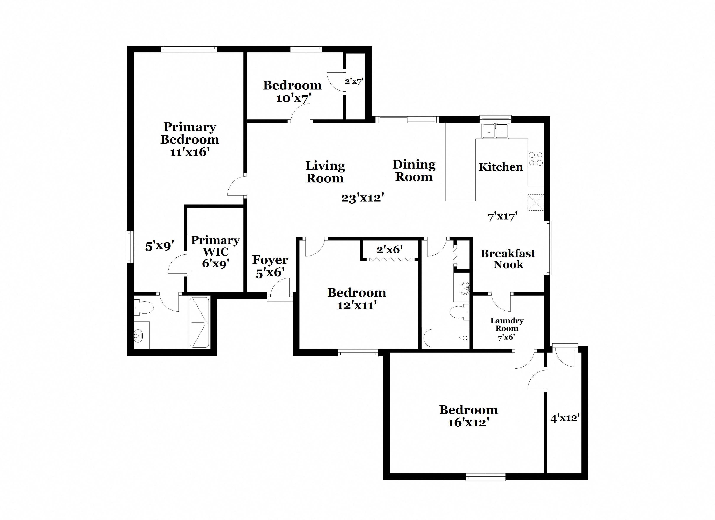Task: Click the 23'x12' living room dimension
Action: pos(362,198)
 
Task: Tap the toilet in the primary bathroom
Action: pos(143,307)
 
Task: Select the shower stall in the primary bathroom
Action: pos(199,322)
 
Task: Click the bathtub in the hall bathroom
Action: pos(445,338)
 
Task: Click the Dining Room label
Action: pos(414,171)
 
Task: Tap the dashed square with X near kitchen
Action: pos(535,202)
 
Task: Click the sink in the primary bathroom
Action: pos(138,336)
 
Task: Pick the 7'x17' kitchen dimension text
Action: pos(502,217)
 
